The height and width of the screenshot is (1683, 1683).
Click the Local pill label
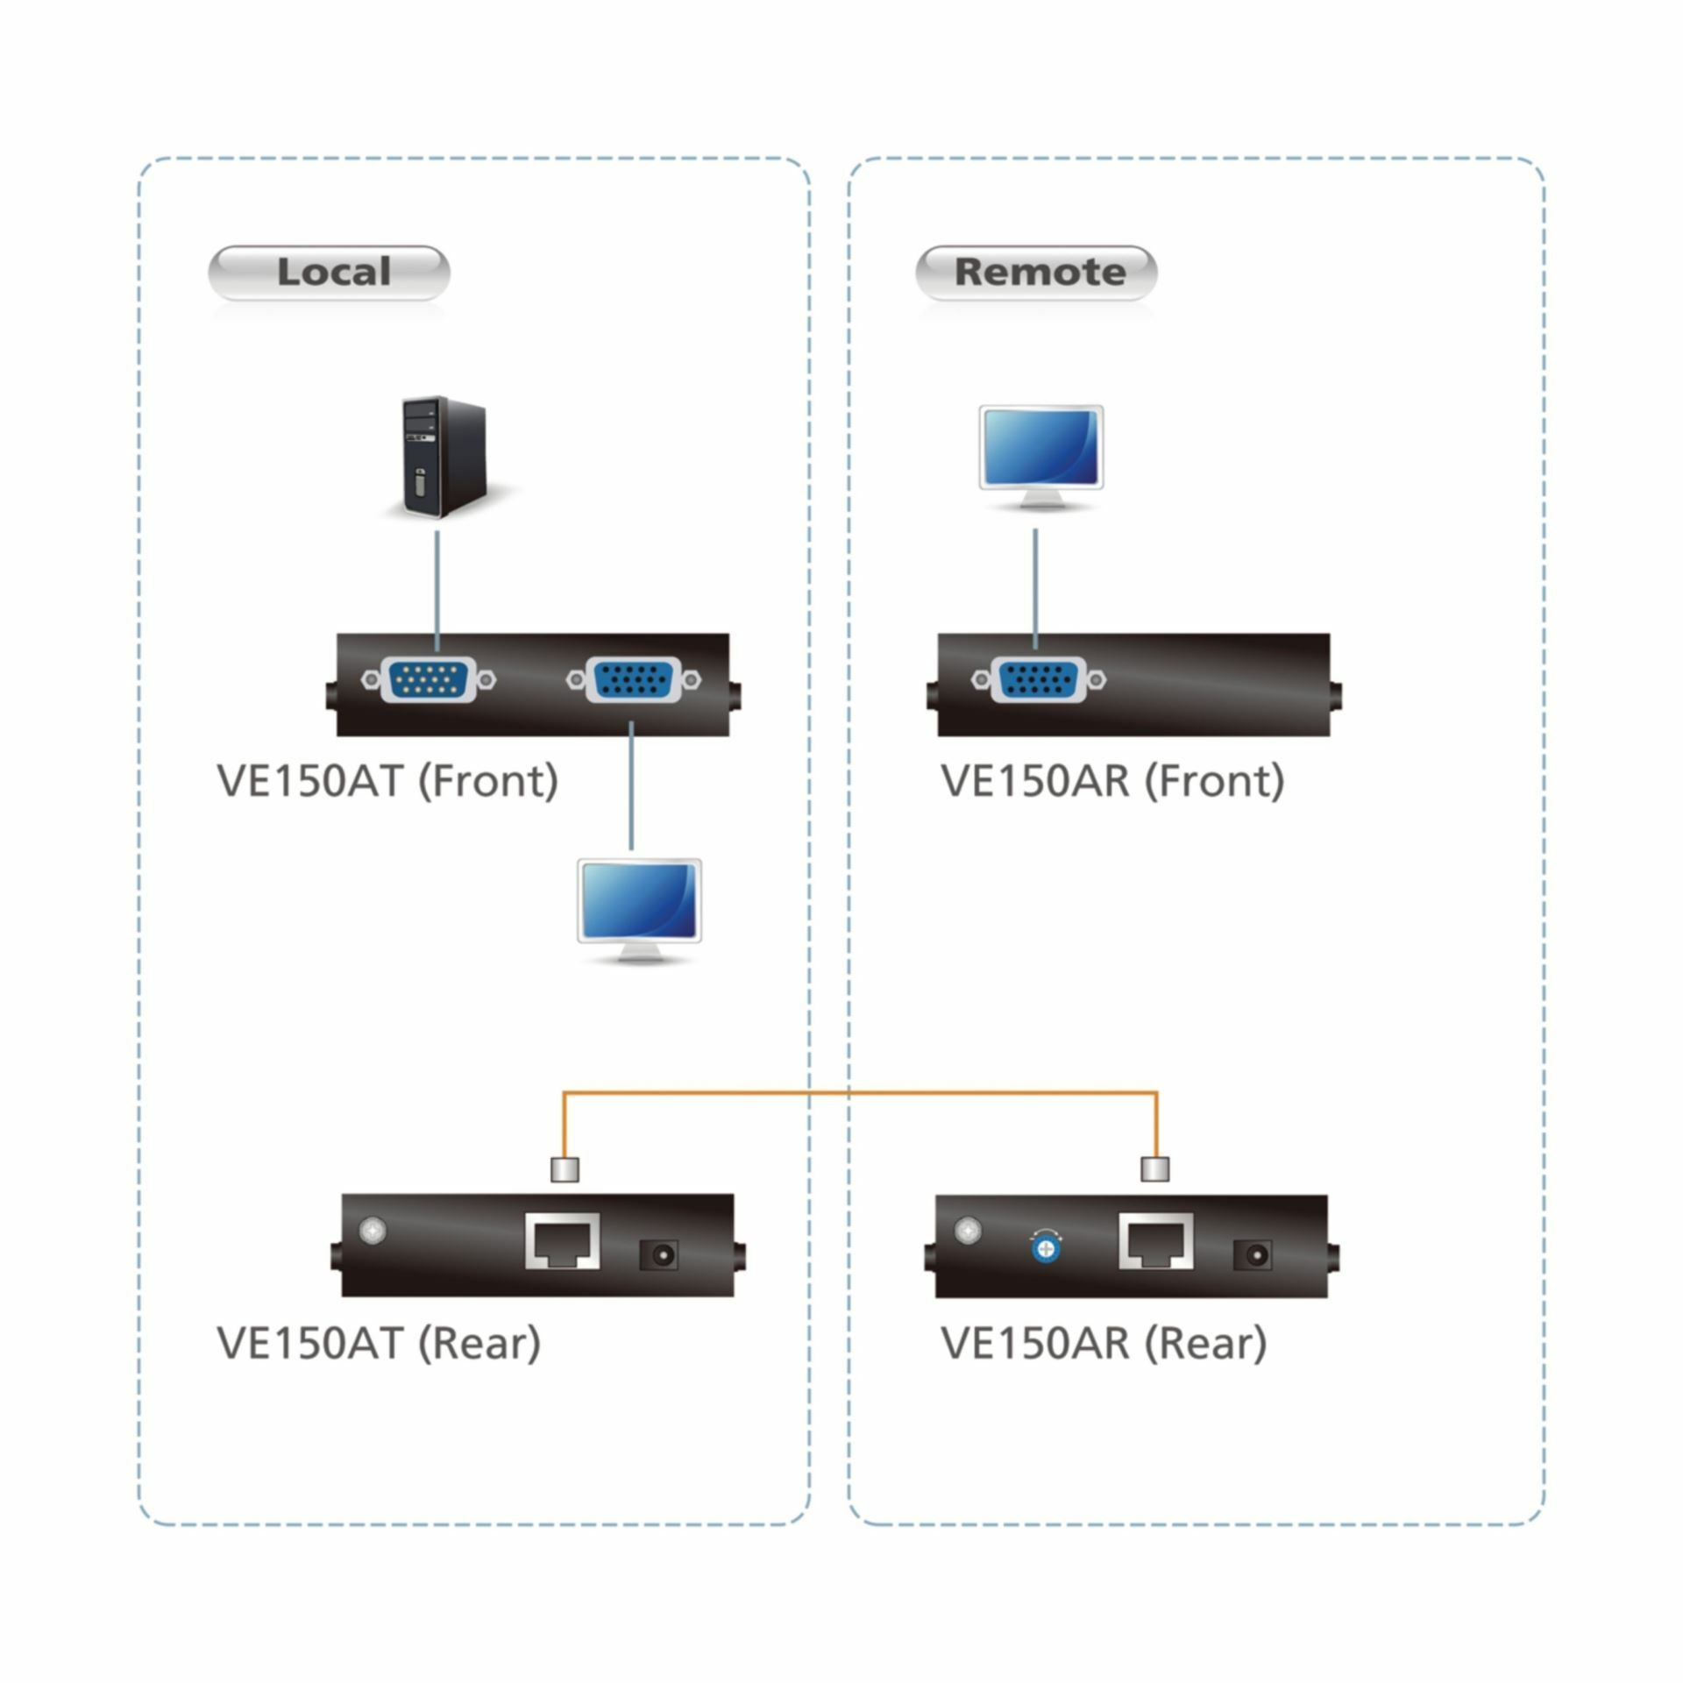pyautogui.click(x=329, y=273)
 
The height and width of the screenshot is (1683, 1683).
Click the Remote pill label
pyautogui.click(x=1036, y=273)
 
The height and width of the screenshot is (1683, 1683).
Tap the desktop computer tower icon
pyautogui.click(x=443, y=457)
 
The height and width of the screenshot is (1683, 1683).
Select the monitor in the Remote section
pyautogui.click(x=1040, y=457)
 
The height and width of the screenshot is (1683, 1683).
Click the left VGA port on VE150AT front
pyautogui.click(x=429, y=679)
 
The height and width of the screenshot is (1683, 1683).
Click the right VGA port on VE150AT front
pyautogui.click(x=633, y=679)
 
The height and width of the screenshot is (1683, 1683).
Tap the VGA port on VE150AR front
pyautogui.click(x=1038, y=679)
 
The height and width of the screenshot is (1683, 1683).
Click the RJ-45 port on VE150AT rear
pyautogui.click(x=563, y=1241)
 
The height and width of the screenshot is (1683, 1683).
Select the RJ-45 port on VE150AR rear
pyautogui.click(x=1156, y=1241)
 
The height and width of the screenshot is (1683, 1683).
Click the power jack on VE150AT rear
pyautogui.click(x=658, y=1255)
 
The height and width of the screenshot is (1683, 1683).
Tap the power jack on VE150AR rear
pyautogui.click(x=1252, y=1255)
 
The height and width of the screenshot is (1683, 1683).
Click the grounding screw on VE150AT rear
pyautogui.click(x=373, y=1231)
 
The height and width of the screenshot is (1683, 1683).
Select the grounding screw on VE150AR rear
pyautogui.click(x=967, y=1231)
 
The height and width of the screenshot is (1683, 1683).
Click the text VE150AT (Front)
pyautogui.click(x=387, y=780)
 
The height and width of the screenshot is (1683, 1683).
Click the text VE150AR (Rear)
pyautogui.click(x=1104, y=1342)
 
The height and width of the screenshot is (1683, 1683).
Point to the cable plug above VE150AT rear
pyautogui.click(x=564, y=1169)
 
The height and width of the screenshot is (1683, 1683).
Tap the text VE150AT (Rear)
pyautogui.click(x=379, y=1342)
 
